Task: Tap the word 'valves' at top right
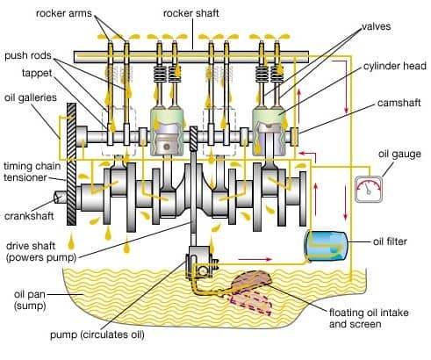tap(375, 26)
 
